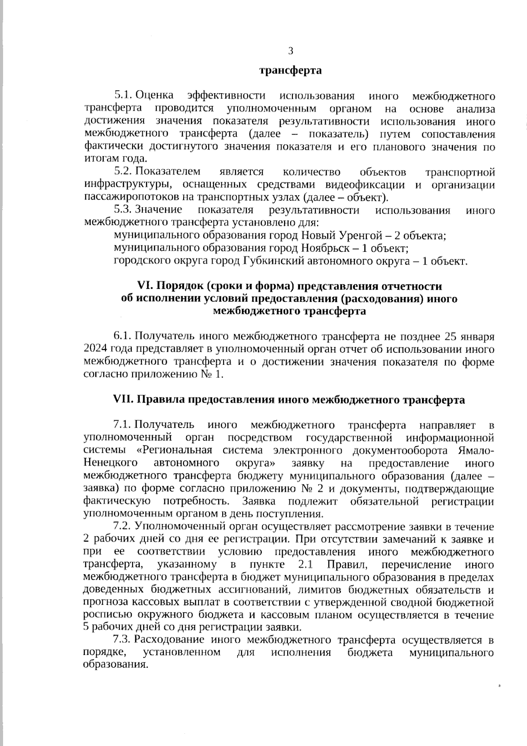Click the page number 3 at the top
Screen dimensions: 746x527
coord(290,51)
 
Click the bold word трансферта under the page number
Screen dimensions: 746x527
coord(290,70)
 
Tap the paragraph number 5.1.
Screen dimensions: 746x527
coord(123,96)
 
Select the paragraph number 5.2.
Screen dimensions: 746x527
coord(123,171)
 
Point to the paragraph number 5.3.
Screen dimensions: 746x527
coord(123,210)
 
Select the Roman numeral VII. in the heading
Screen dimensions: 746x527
coord(124,400)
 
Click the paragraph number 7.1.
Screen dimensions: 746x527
coord(123,425)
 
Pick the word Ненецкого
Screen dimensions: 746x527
coord(110,463)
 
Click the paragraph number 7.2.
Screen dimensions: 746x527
coord(123,527)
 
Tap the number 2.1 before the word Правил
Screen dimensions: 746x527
coord(300,564)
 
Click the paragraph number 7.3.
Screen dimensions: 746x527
coord(123,640)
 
